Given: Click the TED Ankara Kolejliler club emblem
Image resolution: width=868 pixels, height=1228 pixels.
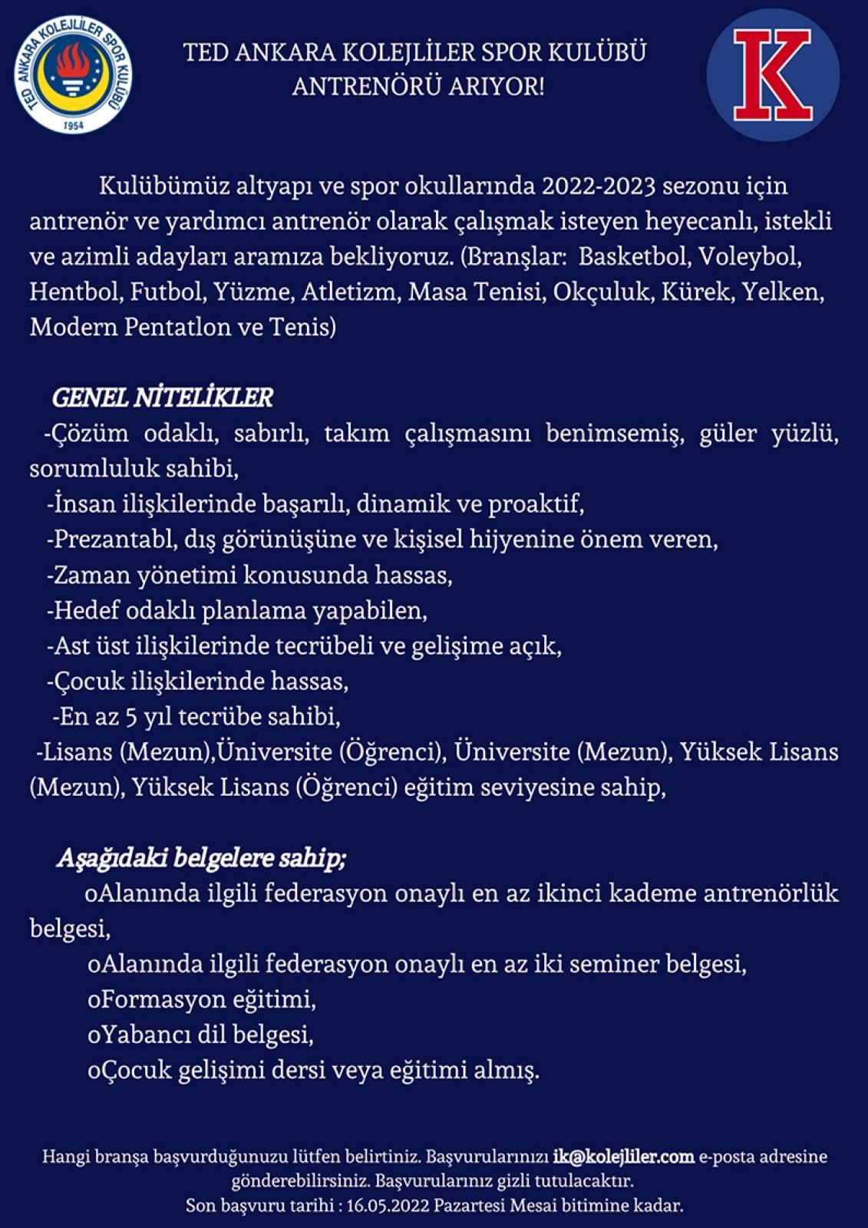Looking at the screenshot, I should [74, 74].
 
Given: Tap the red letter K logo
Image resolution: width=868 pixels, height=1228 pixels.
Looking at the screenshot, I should [772, 74].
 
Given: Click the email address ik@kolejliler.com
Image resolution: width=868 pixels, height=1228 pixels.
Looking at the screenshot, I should [623, 1156].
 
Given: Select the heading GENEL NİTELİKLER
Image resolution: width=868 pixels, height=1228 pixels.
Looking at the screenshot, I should [162, 398].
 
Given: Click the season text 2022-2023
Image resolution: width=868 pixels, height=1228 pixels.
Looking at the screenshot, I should [599, 186].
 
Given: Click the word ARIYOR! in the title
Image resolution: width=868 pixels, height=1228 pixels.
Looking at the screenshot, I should [496, 86].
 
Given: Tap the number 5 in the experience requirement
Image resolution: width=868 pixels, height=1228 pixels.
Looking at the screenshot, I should [131, 717].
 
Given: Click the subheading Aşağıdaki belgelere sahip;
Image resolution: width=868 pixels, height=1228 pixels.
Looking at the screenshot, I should [201, 858].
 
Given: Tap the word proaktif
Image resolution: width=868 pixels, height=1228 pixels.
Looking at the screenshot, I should [536, 504].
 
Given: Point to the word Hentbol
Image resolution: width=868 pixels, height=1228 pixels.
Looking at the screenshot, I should [76, 292].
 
